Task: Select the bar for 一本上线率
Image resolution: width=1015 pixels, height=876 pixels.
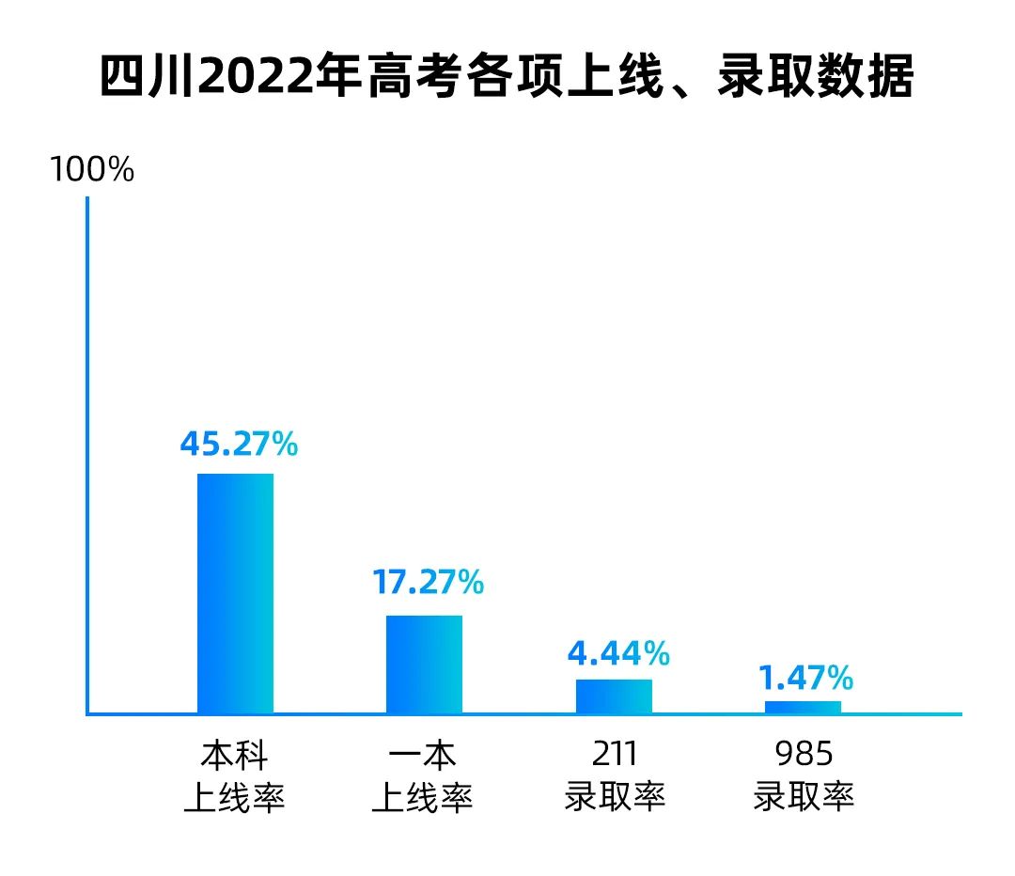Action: (x=424, y=664)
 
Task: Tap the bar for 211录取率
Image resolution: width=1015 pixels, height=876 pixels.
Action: (x=614, y=696)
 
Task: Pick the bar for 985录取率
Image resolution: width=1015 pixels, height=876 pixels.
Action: (x=803, y=707)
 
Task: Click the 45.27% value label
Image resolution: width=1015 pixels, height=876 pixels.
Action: (x=239, y=444)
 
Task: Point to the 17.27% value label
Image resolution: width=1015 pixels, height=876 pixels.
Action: (x=428, y=582)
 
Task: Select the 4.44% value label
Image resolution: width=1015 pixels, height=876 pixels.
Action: (x=618, y=652)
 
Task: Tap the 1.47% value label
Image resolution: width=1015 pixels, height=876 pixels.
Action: (x=805, y=676)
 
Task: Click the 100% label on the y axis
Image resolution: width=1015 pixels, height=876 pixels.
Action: (x=92, y=170)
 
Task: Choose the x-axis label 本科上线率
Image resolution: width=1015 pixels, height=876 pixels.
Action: (x=234, y=777)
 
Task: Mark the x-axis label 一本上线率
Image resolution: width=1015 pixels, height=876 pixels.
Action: (x=423, y=777)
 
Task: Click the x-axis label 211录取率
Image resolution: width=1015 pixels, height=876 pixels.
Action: (x=615, y=777)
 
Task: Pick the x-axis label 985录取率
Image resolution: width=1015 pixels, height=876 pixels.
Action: (x=804, y=777)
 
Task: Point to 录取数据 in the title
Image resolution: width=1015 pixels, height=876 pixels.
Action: (x=815, y=78)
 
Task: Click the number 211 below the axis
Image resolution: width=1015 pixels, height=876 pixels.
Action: (x=615, y=755)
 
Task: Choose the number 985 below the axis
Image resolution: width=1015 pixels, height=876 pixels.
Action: (x=804, y=755)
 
